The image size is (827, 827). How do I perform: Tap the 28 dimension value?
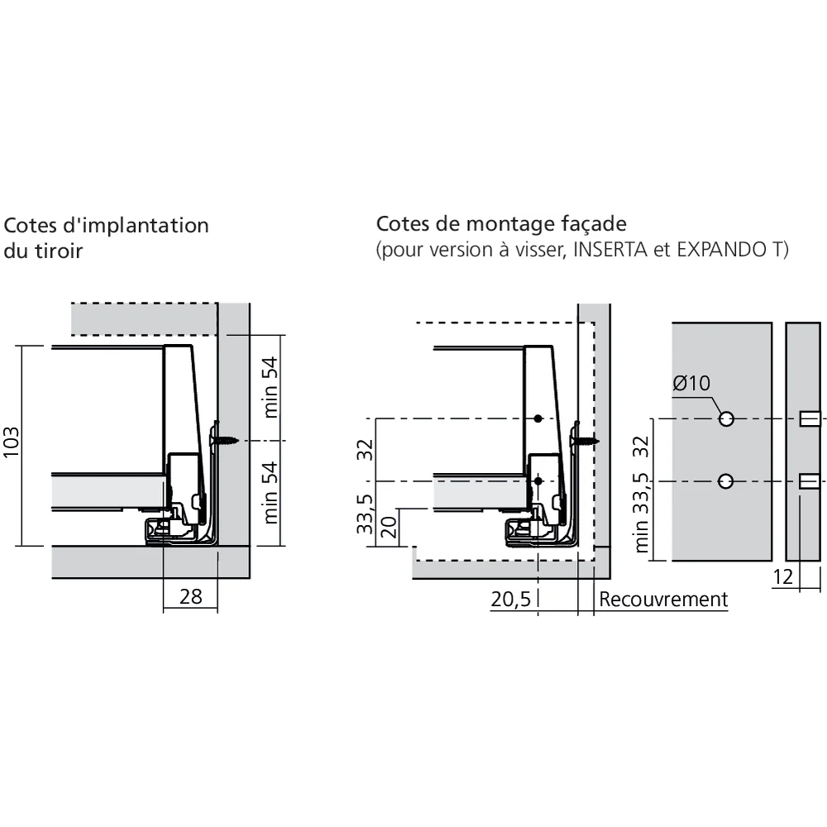190,596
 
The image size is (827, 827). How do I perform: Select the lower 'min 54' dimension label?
272,493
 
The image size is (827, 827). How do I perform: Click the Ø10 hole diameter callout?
691,383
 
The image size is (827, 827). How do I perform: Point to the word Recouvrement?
664,600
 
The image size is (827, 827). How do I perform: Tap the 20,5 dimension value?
510,600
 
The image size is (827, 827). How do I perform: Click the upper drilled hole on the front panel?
726,419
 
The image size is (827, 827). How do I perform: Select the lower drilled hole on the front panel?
726,481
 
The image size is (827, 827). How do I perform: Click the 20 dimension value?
391,528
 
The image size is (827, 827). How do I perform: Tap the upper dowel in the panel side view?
810,419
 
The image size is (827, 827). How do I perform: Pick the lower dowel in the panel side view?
810,481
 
